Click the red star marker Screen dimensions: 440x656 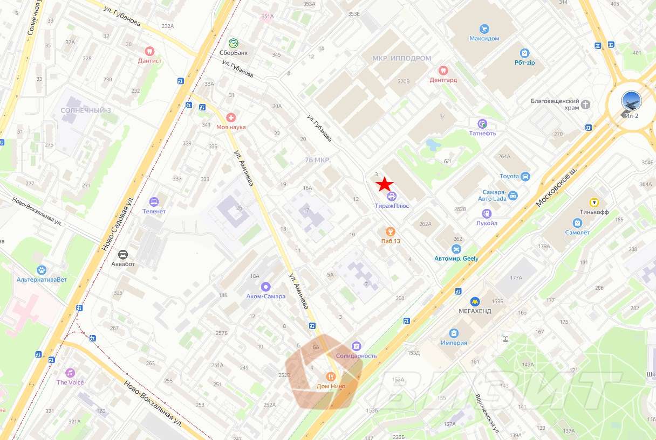pos(385,184)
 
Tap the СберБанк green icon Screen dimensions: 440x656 pos(233,43)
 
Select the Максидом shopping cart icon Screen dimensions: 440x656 pos(484,29)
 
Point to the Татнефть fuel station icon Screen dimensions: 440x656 pos(482,123)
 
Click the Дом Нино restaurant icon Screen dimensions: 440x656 pos(331,376)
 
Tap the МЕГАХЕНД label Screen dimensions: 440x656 pos(475,311)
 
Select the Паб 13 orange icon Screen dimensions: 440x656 pos(391,231)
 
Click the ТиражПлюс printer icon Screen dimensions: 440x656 pos(391,196)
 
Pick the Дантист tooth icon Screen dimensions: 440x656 pos(149,51)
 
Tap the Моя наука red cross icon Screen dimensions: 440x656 pos(231,117)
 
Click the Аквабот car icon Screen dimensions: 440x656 pos(123,255)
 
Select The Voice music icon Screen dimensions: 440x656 pos(70,373)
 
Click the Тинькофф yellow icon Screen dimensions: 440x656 pos(593,202)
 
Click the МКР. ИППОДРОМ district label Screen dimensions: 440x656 pos(402,58)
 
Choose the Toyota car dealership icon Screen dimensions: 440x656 pos(525,176)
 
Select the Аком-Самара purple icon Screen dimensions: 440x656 pos(265,287)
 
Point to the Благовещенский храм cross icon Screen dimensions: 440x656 pos(585,104)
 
